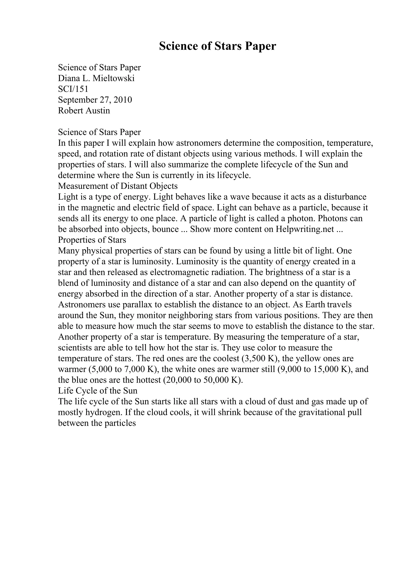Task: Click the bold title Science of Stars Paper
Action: (217, 46)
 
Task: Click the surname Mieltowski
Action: (114, 79)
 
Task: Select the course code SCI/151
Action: (73, 89)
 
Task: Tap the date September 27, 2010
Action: (95, 100)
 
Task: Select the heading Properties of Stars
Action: (92, 240)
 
